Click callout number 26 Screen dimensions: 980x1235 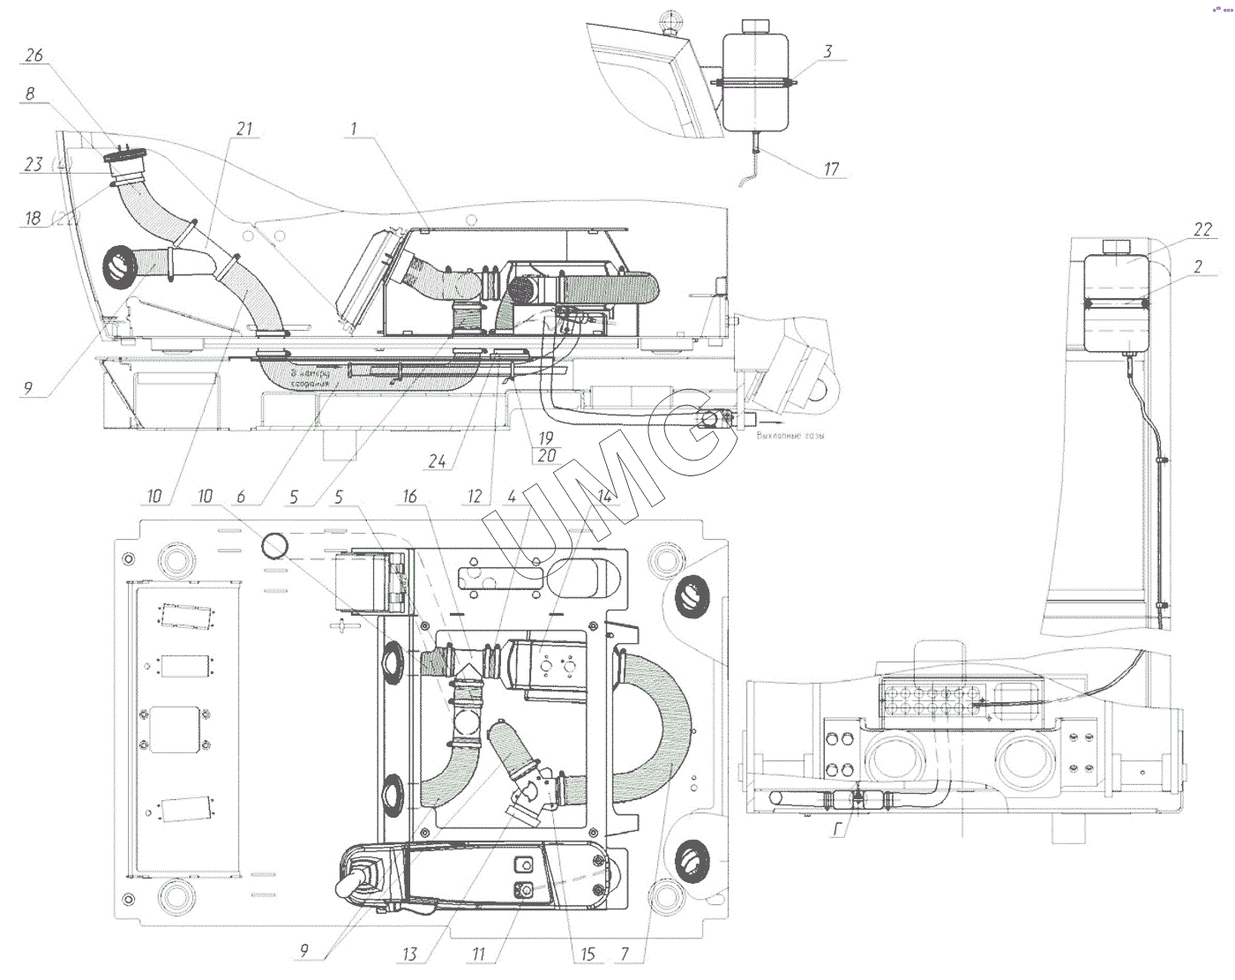(x=34, y=56)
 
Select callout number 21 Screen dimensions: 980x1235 (x=243, y=130)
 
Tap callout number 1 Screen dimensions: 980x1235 (x=354, y=129)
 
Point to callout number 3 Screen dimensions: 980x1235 (x=827, y=51)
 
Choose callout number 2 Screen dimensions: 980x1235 (x=1198, y=266)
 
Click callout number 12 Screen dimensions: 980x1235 (x=475, y=497)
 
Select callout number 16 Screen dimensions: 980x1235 (x=409, y=497)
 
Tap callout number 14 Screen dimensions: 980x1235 (x=604, y=497)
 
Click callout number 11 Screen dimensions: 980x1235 (x=479, y=954)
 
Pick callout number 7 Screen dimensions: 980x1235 (x=625, y=954)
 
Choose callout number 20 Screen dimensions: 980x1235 (x=546, y=455)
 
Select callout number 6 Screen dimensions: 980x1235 (x=241, y=497)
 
